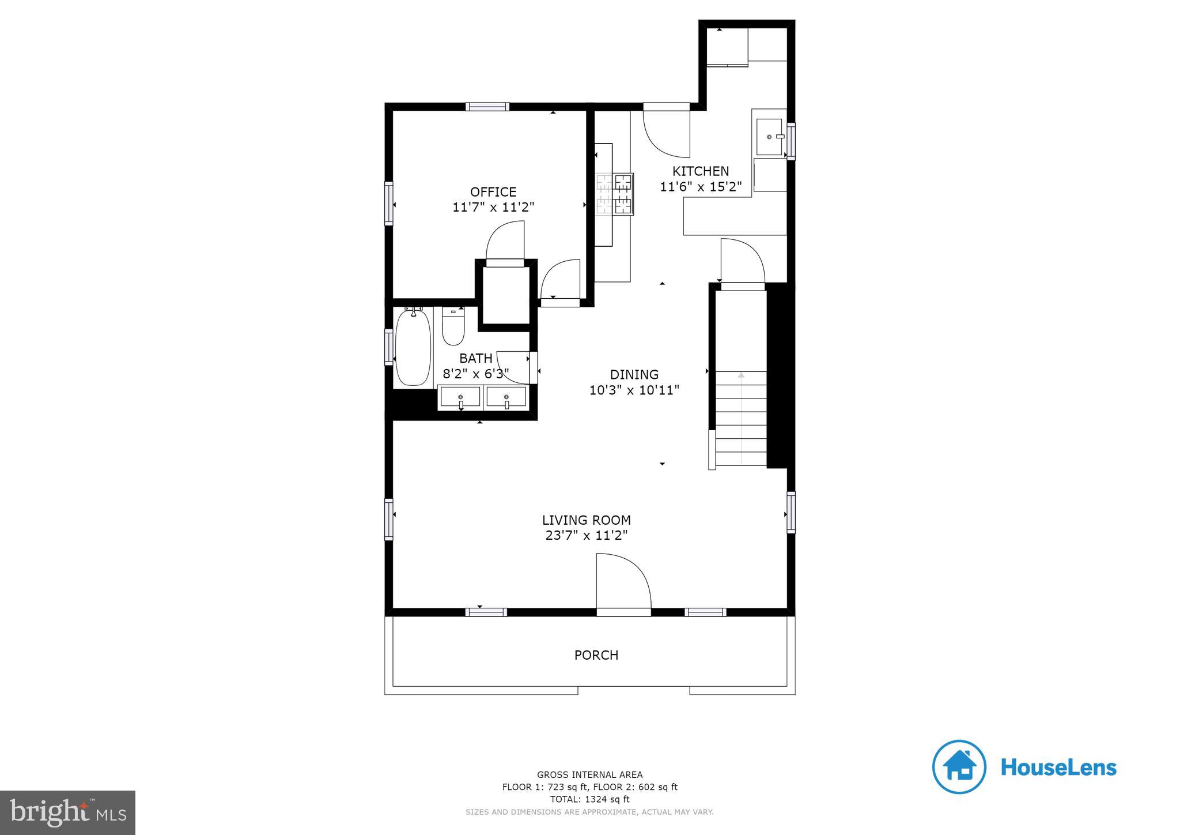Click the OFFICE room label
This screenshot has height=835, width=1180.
pos(493,192)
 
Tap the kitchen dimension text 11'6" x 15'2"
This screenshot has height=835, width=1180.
pos(701,187)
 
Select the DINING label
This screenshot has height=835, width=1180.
pos(634,374)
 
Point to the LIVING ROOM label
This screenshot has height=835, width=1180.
pos(586,520)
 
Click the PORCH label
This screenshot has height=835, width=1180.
pos(596,655)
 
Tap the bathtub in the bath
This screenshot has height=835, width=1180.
pos(413,348)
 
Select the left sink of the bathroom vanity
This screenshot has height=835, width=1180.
pos(460,397)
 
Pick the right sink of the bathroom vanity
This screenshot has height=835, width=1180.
pos(506,397)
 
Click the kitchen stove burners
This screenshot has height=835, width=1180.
pos(615,194)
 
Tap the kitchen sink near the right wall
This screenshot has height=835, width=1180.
pos(769,137)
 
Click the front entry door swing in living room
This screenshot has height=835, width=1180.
pos(622,581)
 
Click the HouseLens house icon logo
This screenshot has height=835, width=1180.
pos(959,767)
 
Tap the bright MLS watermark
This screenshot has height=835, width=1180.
pos(67,813)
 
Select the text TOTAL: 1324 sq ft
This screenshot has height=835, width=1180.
pos(589,799)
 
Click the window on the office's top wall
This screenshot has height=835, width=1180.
pos(487,107)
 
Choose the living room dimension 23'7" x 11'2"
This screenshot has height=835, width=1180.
pos(586,536)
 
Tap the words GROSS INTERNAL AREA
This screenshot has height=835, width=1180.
pos(589,775)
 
